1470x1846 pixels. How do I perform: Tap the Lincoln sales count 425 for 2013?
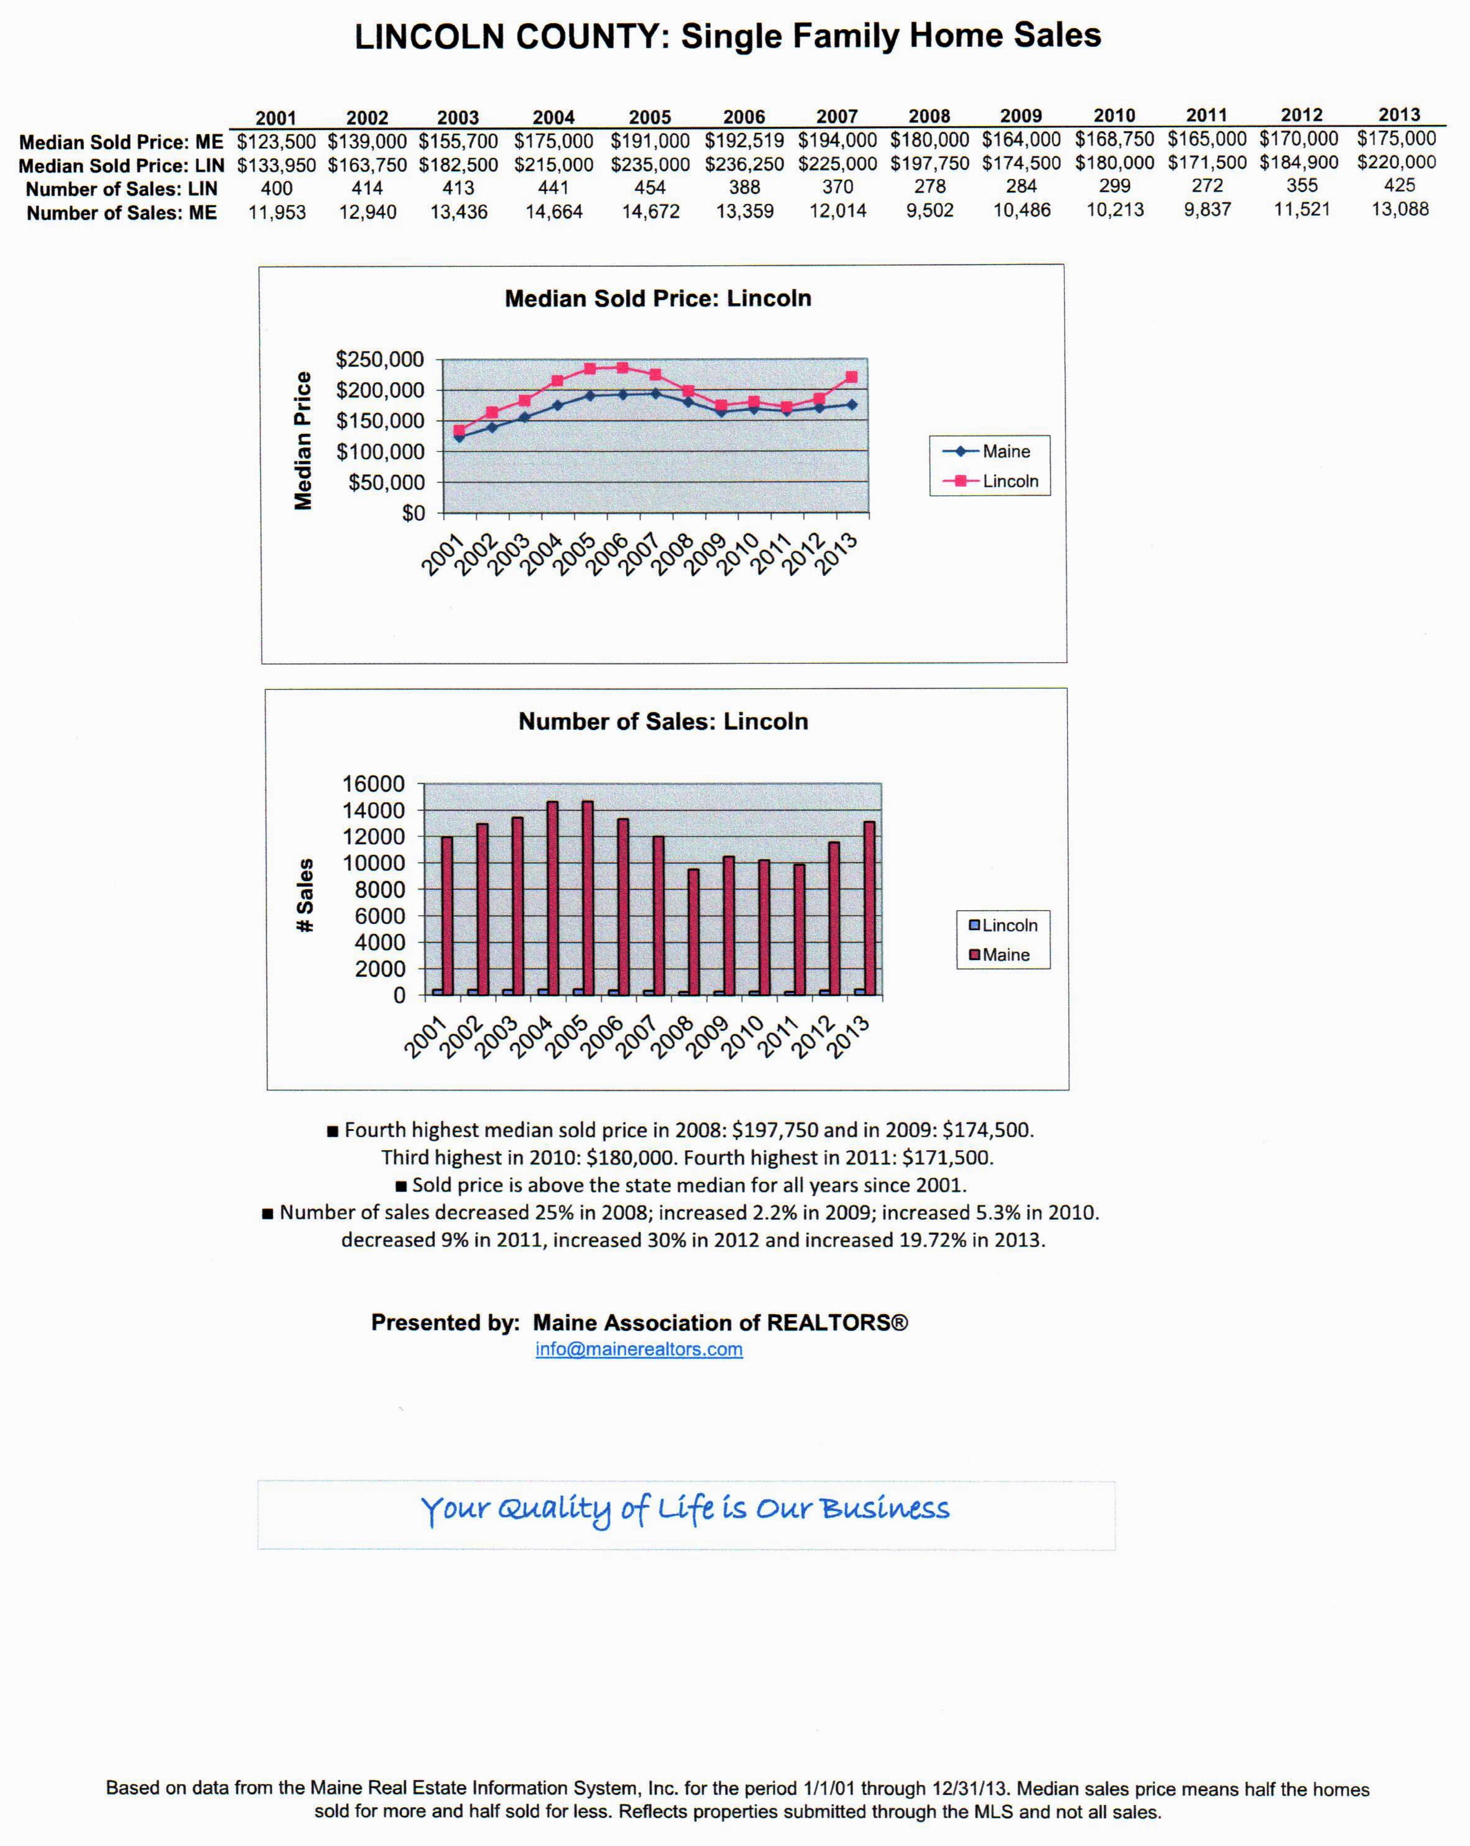click(x=1399, y=185)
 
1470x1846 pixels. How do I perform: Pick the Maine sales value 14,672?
click(x=651, y=211)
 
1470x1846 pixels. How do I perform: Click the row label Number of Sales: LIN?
click(x=121, y=188)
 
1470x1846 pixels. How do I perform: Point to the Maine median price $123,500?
click(x=276, y=140)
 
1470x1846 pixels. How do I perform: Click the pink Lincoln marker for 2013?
click(x=851, y=377)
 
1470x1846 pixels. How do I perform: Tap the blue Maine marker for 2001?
click(x=459, y=437)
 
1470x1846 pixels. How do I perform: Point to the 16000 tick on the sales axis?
click(x=373, y=783)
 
